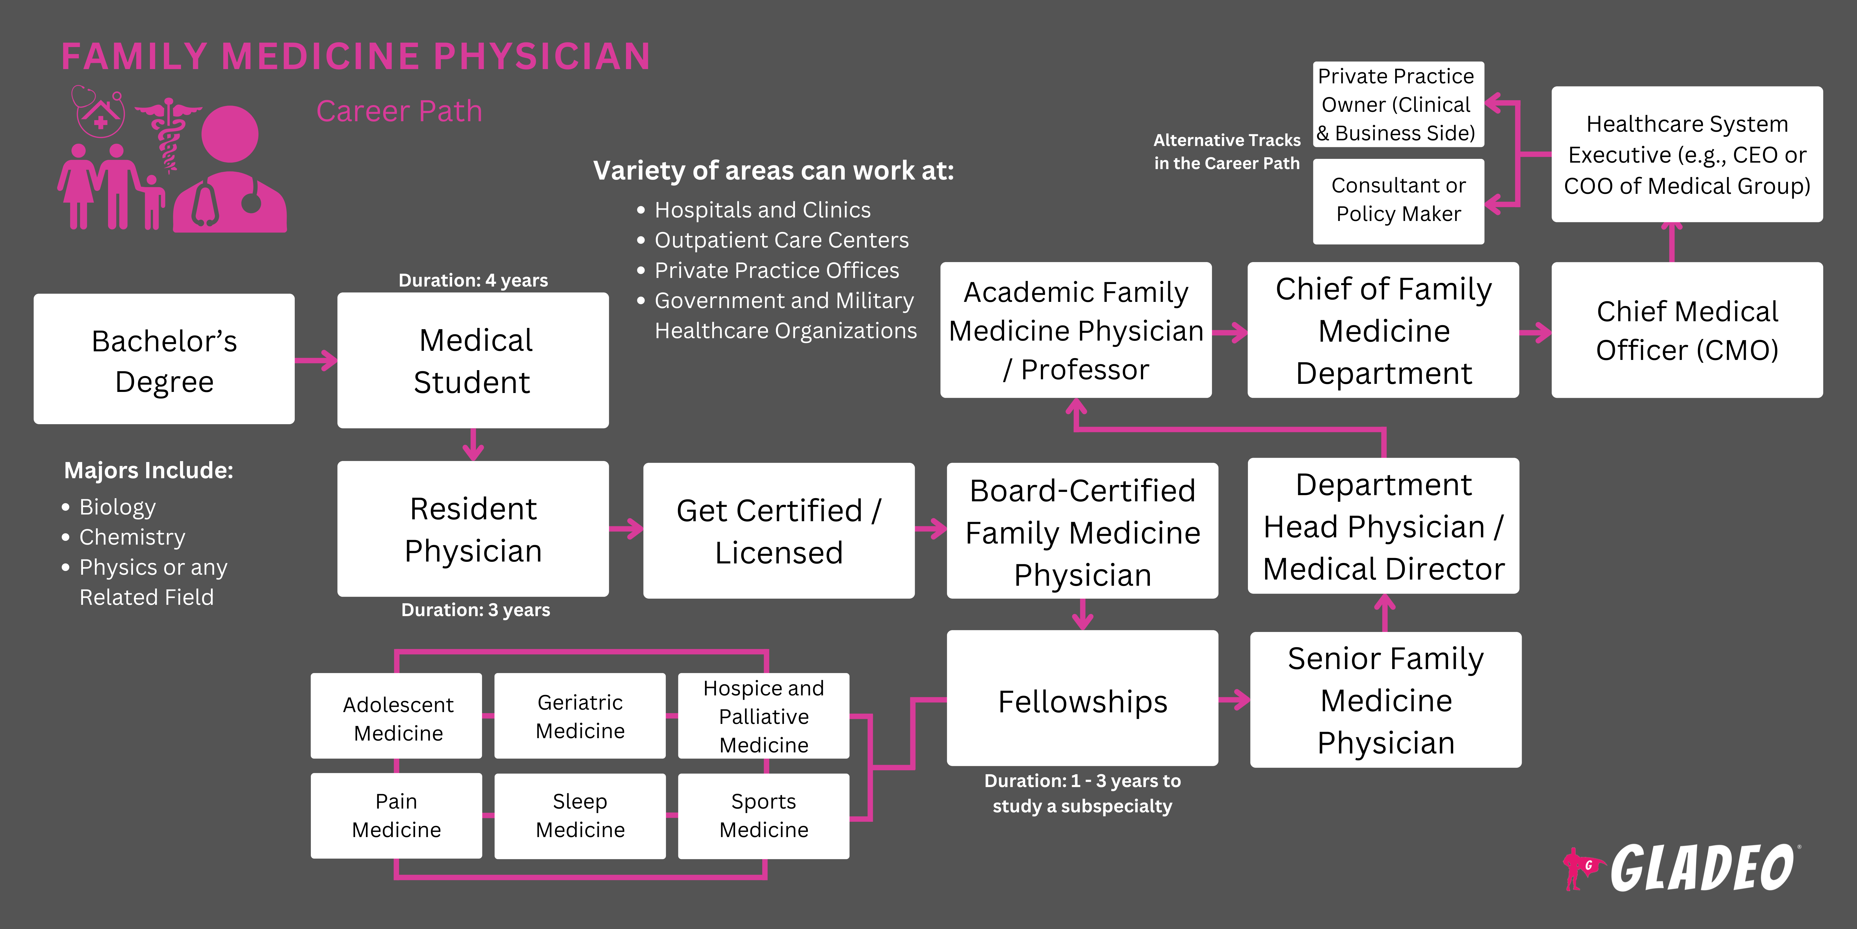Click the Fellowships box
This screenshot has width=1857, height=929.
click(x=1082, y=698)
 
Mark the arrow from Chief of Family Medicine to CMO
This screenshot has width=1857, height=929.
click(x=1535, y=333)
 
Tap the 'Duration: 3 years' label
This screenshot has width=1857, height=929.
click(x=475, y=610)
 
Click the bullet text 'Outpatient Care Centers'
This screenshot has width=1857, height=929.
click(x=782, y=240)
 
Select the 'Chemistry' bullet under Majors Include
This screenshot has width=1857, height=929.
click(x=132, y=537)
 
